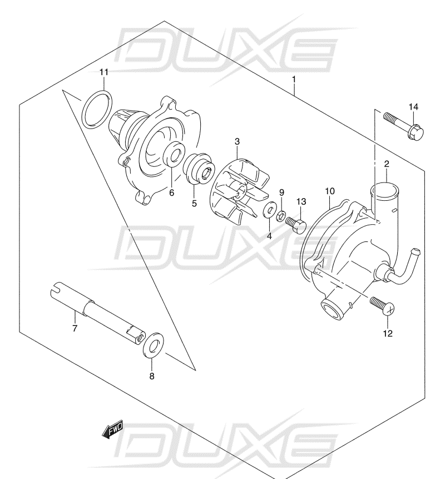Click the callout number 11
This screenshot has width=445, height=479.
tap(104, 72)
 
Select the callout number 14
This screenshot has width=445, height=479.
tap(413, 107)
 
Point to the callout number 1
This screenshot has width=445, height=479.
tap(294, 80)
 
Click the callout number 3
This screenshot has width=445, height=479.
tap(237, 141)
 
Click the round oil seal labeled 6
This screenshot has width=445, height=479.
tap(174, 154)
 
